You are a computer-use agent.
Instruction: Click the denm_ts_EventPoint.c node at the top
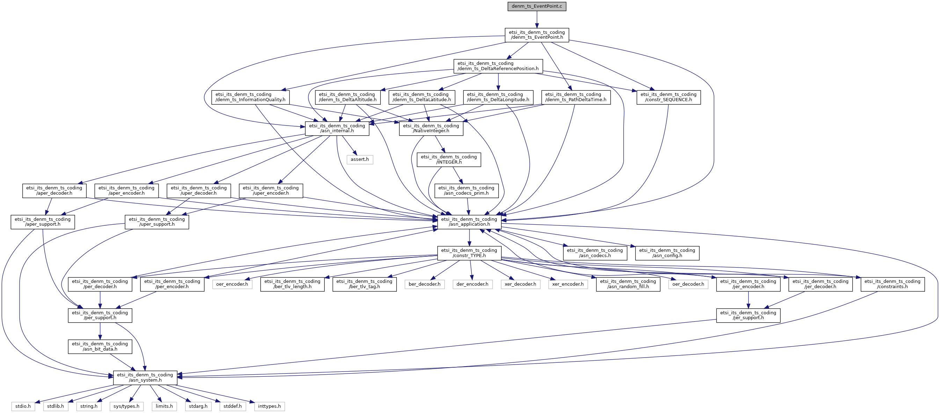click(x=537, y=6)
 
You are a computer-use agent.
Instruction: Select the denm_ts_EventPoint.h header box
click(x=537, y=35)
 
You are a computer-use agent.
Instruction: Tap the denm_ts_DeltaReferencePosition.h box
click(x=498, y=66)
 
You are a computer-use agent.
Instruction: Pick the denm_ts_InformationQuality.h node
click(x=250, y=97)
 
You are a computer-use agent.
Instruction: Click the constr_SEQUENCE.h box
click(x=668, y=97)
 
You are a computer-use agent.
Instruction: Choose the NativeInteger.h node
click(x=431, y=128)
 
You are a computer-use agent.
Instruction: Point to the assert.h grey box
click(x=359, y=159)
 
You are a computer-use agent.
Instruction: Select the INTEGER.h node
click(x=449, y=160)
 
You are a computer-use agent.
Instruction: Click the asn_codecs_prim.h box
click(x=466, y=191)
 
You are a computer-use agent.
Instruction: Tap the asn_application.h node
click(x=469, y=221)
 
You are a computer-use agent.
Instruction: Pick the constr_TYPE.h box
click(x=469, y=253)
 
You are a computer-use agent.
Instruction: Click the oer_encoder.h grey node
click(x=232, y=284)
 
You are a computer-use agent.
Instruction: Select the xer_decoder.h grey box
click(x=520, y=284)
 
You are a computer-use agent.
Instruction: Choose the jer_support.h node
click(x=748, y=315)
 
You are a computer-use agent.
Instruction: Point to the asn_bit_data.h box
click(x=100, y=347)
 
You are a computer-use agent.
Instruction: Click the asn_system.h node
click(x=145, y=378)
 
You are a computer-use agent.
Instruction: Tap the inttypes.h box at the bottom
click(x=269, y=406)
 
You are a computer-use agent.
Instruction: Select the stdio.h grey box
click(x=23, y=406)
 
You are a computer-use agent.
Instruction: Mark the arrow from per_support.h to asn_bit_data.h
click(x=100, y=331)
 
